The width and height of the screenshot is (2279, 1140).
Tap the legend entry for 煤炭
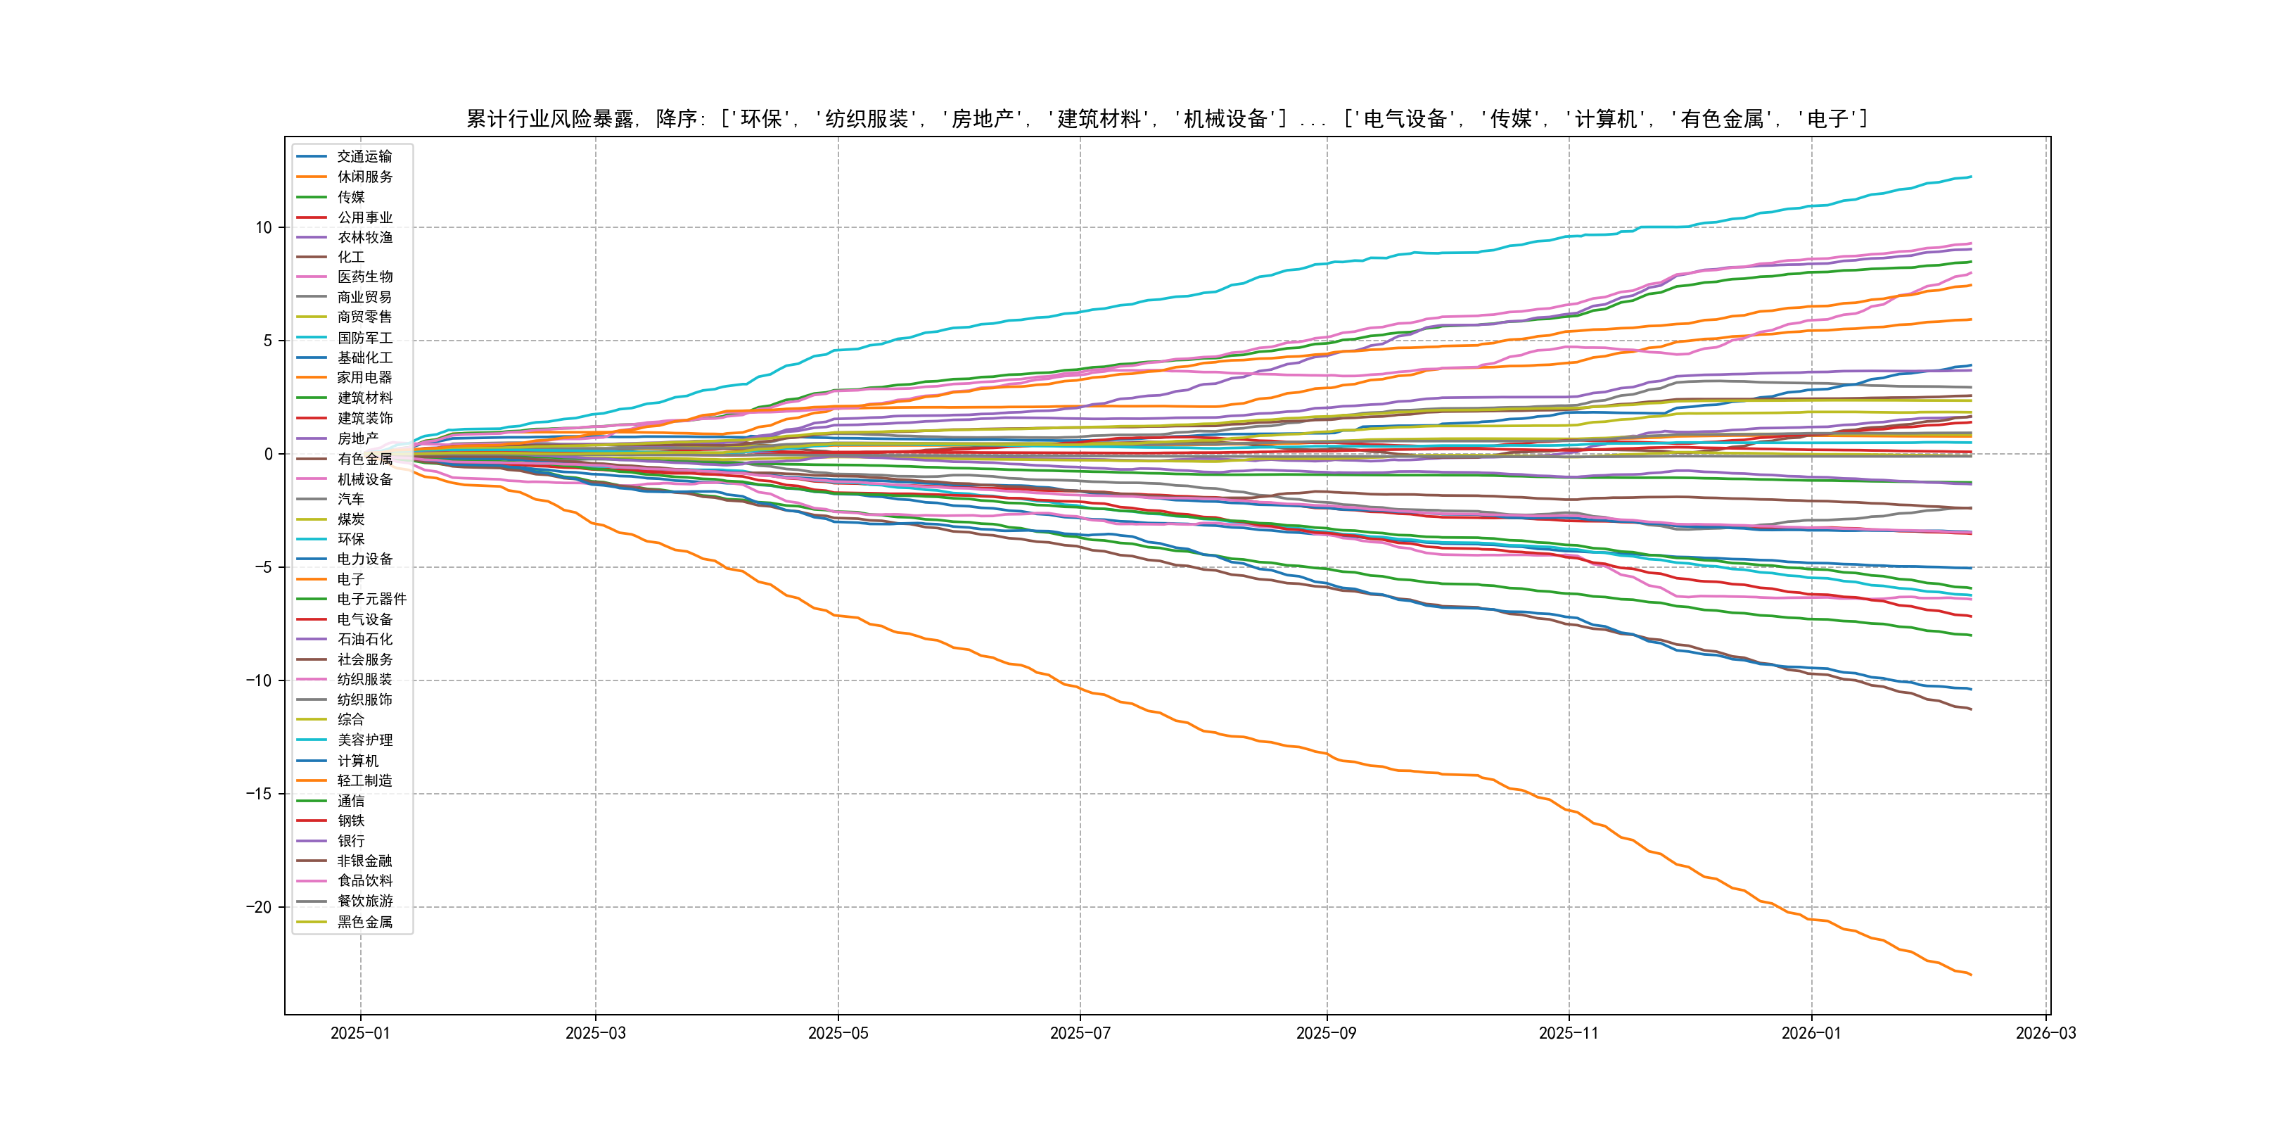350,519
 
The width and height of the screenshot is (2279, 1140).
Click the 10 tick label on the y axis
264,227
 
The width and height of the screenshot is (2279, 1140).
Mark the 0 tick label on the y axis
268,454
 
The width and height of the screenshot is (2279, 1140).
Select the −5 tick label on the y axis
263,567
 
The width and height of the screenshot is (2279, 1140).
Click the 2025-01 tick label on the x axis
360,1033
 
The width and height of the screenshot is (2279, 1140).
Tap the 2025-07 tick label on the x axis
1079,1033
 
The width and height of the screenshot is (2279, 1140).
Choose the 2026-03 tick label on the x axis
2045,1033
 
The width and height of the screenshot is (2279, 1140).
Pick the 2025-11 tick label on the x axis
1569,1033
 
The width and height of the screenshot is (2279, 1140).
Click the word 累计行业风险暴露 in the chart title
550,119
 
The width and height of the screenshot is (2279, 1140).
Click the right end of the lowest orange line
1971,975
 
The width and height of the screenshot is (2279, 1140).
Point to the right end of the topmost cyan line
1971,177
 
